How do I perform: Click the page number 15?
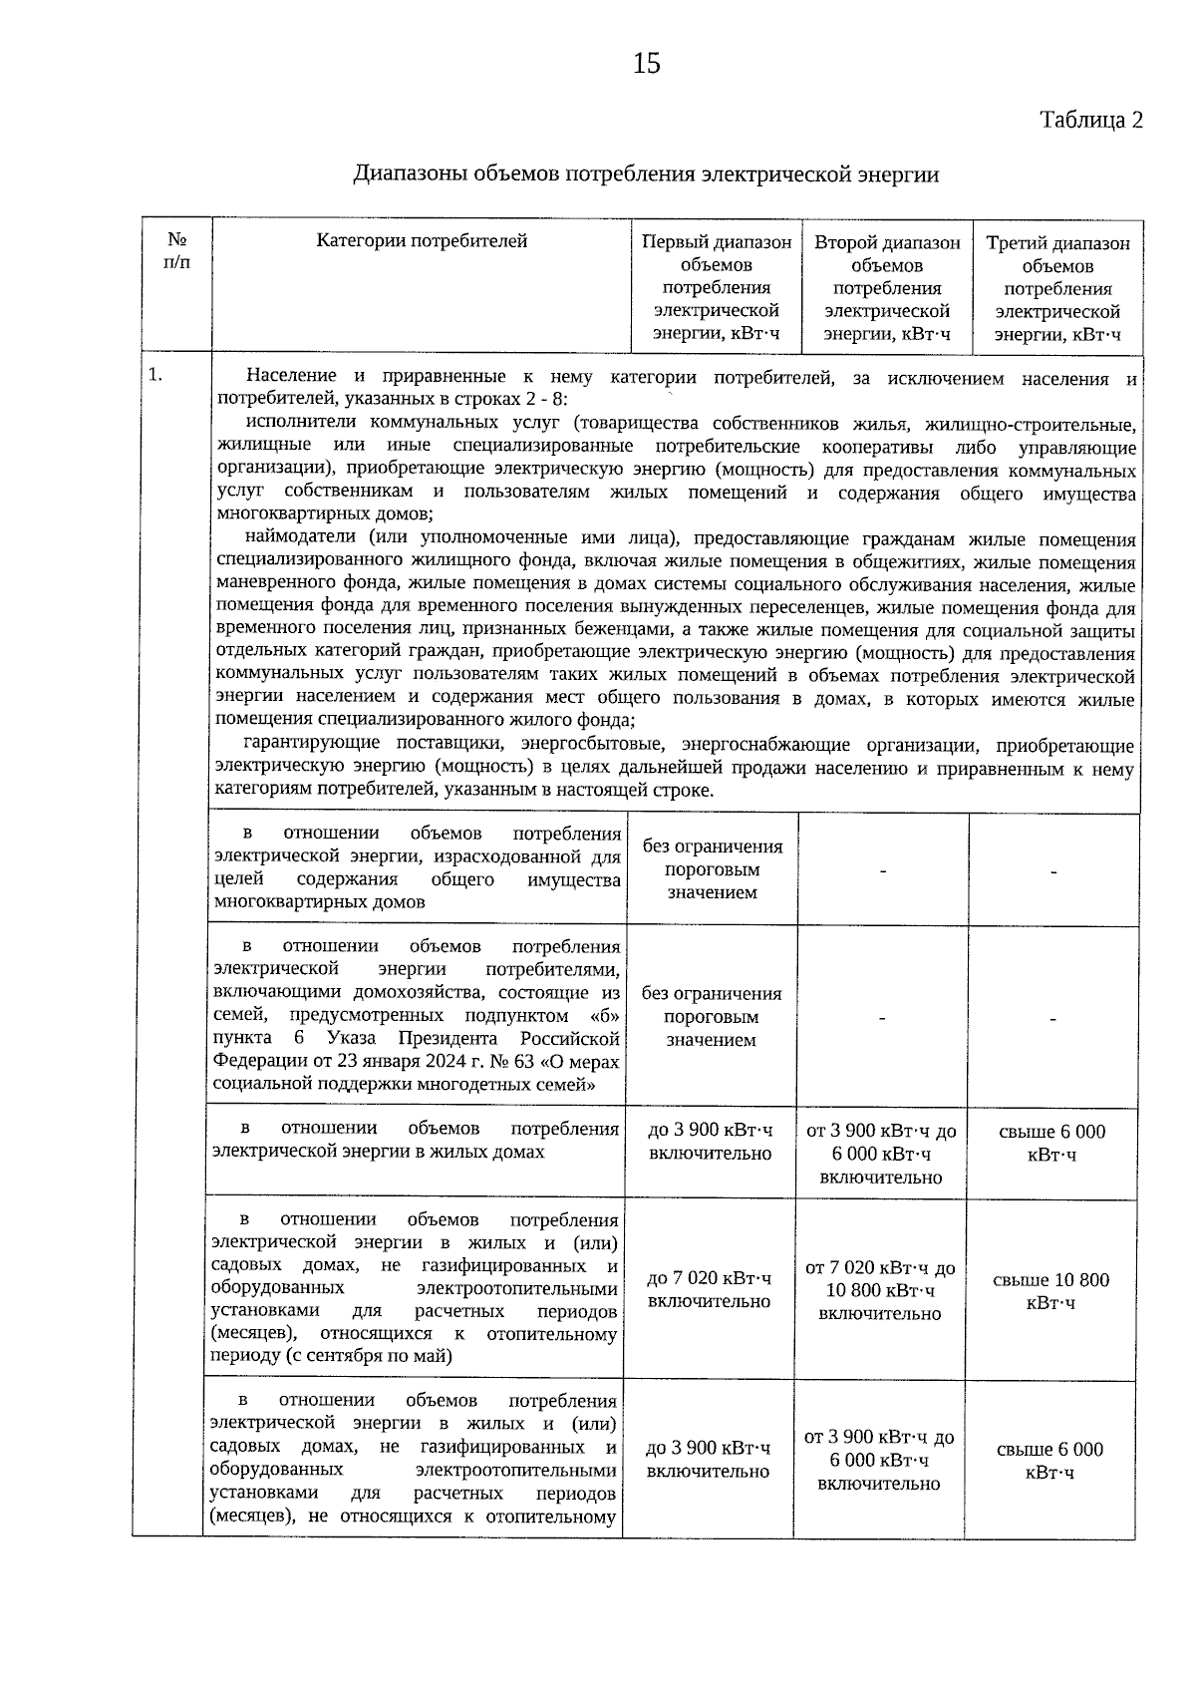click(646, 64)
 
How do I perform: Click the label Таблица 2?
click(1090, 121)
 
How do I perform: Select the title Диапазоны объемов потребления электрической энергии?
click(646, 174)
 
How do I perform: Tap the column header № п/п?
click(176, 252)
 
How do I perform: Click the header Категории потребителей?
click(422, 241)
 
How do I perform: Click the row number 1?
click(154, 376)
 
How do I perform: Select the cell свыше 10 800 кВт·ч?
click(1051, 1291)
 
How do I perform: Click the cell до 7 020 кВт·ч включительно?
click(710, 1290)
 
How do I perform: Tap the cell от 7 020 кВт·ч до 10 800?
click(880, 1290)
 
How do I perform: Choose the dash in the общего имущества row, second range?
click(882, 870)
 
